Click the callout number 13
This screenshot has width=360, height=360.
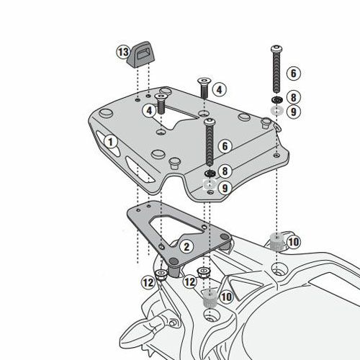point(123,52)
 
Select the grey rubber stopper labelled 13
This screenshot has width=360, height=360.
point(140,54)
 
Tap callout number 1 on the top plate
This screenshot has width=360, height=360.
point(111,142)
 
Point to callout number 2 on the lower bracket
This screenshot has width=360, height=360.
point(186,246)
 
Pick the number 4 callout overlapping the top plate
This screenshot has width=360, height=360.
point(149,111)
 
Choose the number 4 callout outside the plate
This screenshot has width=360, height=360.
point(219,90)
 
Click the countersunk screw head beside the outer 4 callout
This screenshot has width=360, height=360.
point(204,81)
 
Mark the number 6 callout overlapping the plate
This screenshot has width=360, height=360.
point(225,146)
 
